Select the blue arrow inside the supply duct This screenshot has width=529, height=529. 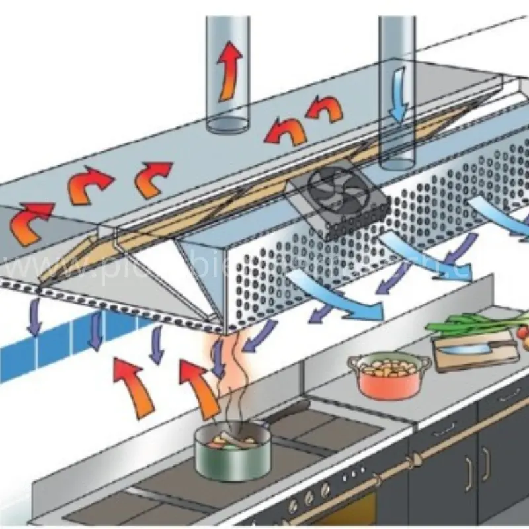[399, 99]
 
